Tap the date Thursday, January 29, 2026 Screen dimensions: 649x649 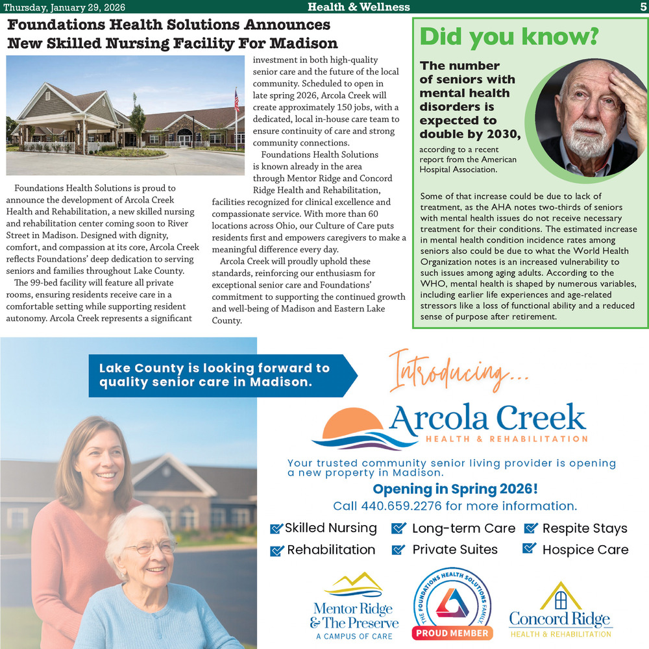[64, 7]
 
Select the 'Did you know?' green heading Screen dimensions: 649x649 [508, 36]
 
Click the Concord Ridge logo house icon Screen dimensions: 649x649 [561, 596]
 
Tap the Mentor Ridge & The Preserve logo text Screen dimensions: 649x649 [353, 615]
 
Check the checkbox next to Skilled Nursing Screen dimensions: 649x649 [276, 529]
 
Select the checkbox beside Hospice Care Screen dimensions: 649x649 [530, 549]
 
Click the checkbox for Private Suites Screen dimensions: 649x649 [398, 550]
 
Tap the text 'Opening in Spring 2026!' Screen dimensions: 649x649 [455, 489]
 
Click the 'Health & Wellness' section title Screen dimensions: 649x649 [358, 7]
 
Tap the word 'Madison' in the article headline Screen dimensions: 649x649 [304, 43]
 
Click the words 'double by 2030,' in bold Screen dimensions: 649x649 [470, 134]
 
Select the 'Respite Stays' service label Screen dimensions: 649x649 [585, 528]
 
